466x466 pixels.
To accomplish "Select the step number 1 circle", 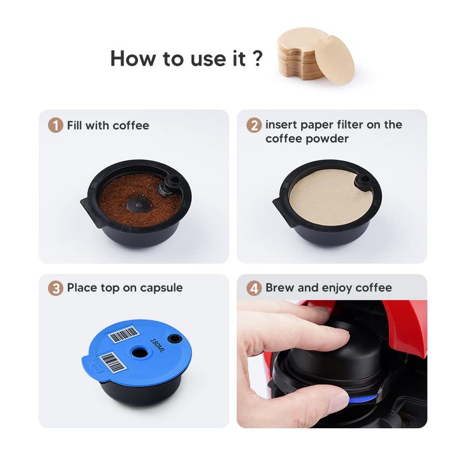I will (55, 125).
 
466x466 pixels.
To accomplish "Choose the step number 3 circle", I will (55, 288).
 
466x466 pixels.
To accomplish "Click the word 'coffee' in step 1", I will (131, 125).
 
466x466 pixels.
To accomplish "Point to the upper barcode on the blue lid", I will (124, 334).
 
